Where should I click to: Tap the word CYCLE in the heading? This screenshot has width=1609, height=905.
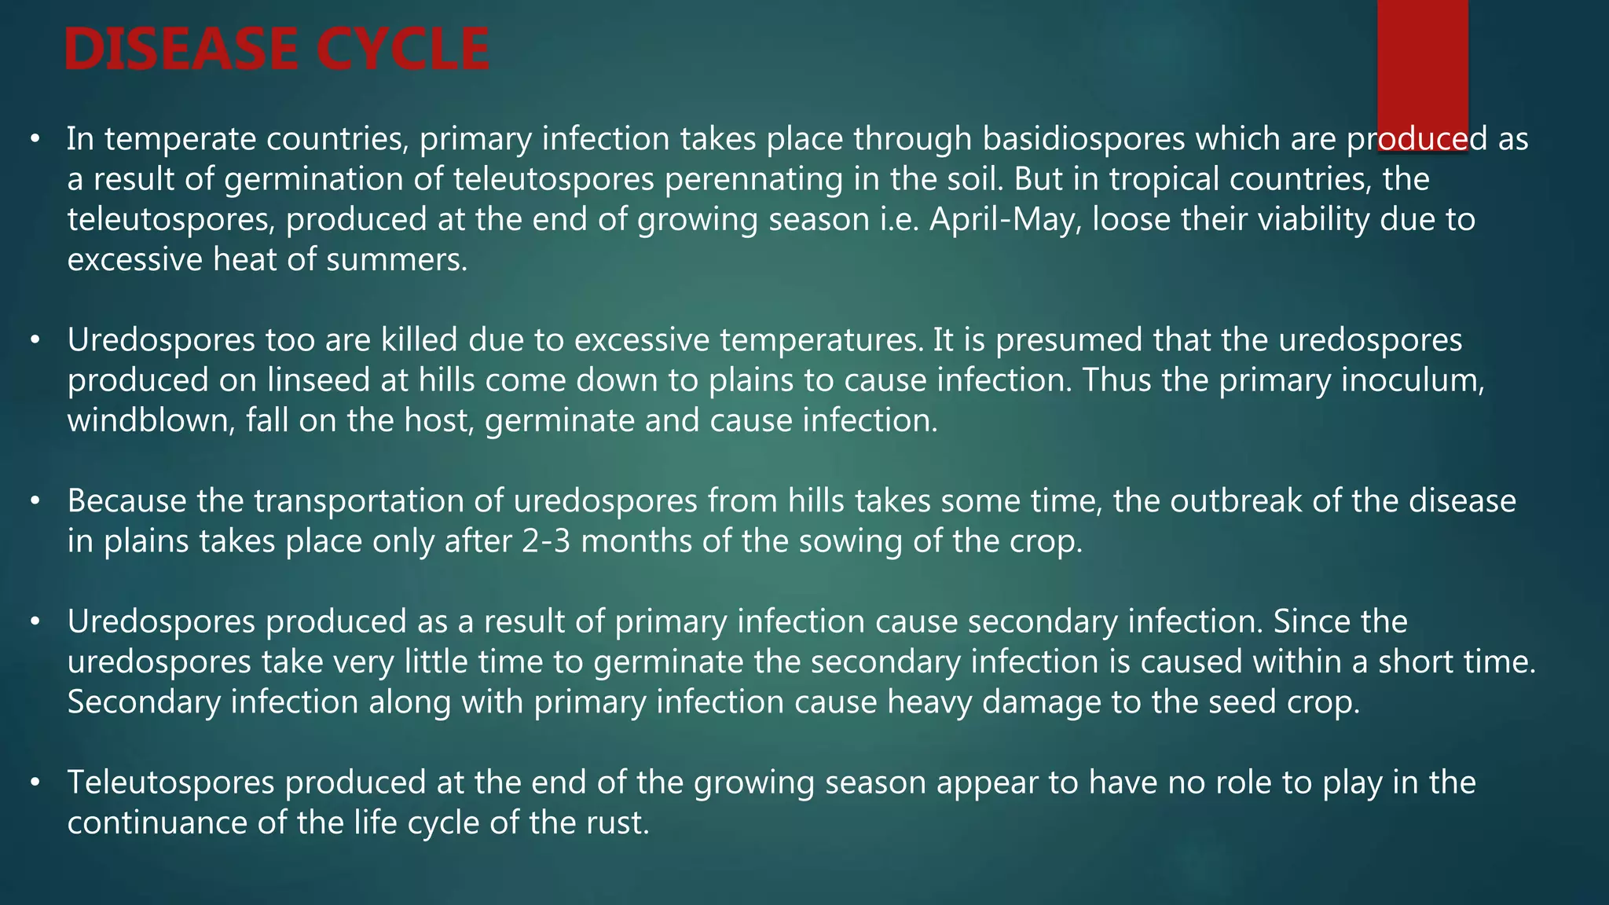[403, 49]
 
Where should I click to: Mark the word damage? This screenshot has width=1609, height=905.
[1042, 702]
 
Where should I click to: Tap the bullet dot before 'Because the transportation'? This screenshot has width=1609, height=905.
[35, 501]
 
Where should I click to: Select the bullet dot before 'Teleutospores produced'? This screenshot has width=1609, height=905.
[35, 782]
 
